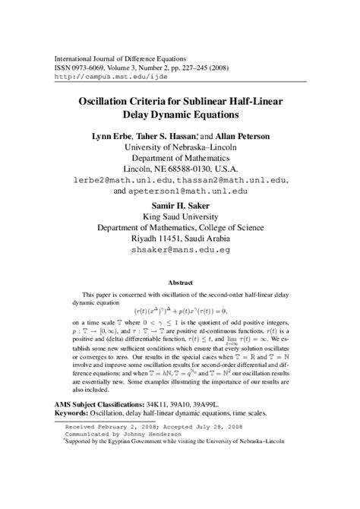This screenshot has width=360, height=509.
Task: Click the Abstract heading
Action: tap(180, 280)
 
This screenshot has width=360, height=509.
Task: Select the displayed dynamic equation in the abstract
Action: tap(180, 310)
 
